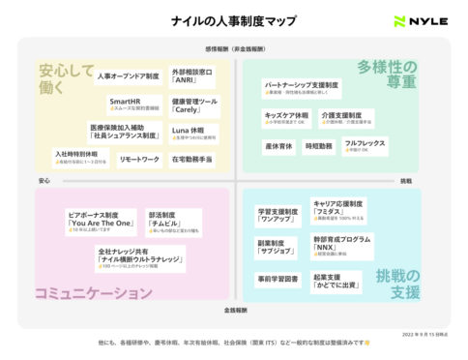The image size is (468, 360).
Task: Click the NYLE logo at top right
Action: (420, 22)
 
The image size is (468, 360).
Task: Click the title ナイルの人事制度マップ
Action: (234, 21)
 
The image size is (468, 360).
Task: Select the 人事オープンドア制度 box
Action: (128, 75)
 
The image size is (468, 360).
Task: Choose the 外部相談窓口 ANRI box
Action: (192, 76)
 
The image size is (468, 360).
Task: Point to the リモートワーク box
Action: (140, 158)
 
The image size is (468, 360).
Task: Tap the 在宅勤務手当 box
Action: (191, 158)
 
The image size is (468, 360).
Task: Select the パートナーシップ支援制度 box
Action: (299, 87)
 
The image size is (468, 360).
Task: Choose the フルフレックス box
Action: (365, 145)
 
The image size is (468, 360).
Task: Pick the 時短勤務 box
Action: (318, 145)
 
